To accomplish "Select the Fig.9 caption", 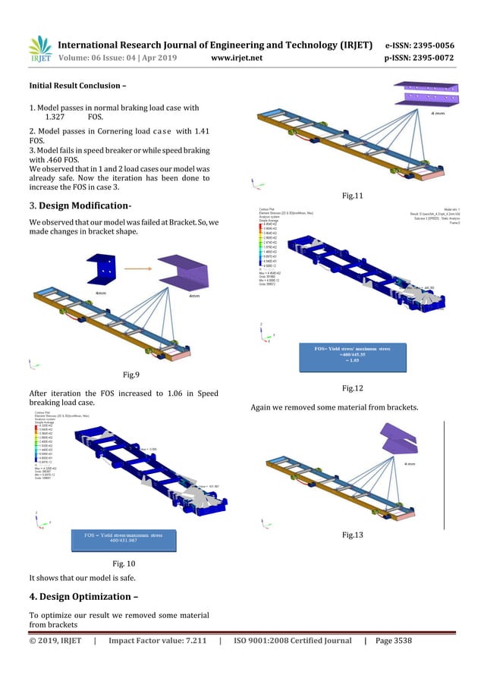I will (x=130, y=374).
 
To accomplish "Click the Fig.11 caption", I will (x=354, y=196).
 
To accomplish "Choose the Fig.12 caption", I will (x=353, y=388).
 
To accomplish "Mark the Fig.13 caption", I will (x=353, y=535).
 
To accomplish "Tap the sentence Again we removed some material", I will (x=334, y=409).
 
